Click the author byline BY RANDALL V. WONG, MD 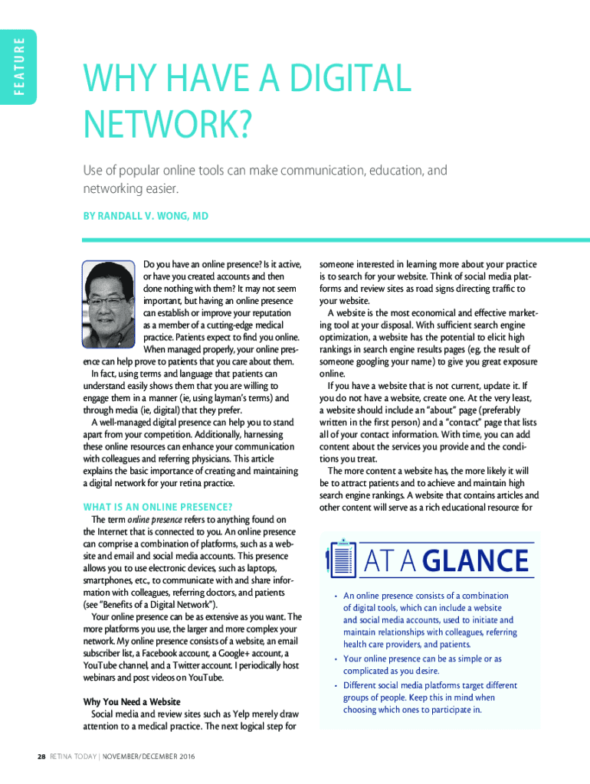point(146,217)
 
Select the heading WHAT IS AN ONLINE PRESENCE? point(158,507)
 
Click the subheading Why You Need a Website point(131,701)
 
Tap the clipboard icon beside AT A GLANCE point(341,560)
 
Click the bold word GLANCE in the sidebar point(477,562)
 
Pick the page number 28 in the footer point(42,757)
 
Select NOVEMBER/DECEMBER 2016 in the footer point(150,757)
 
